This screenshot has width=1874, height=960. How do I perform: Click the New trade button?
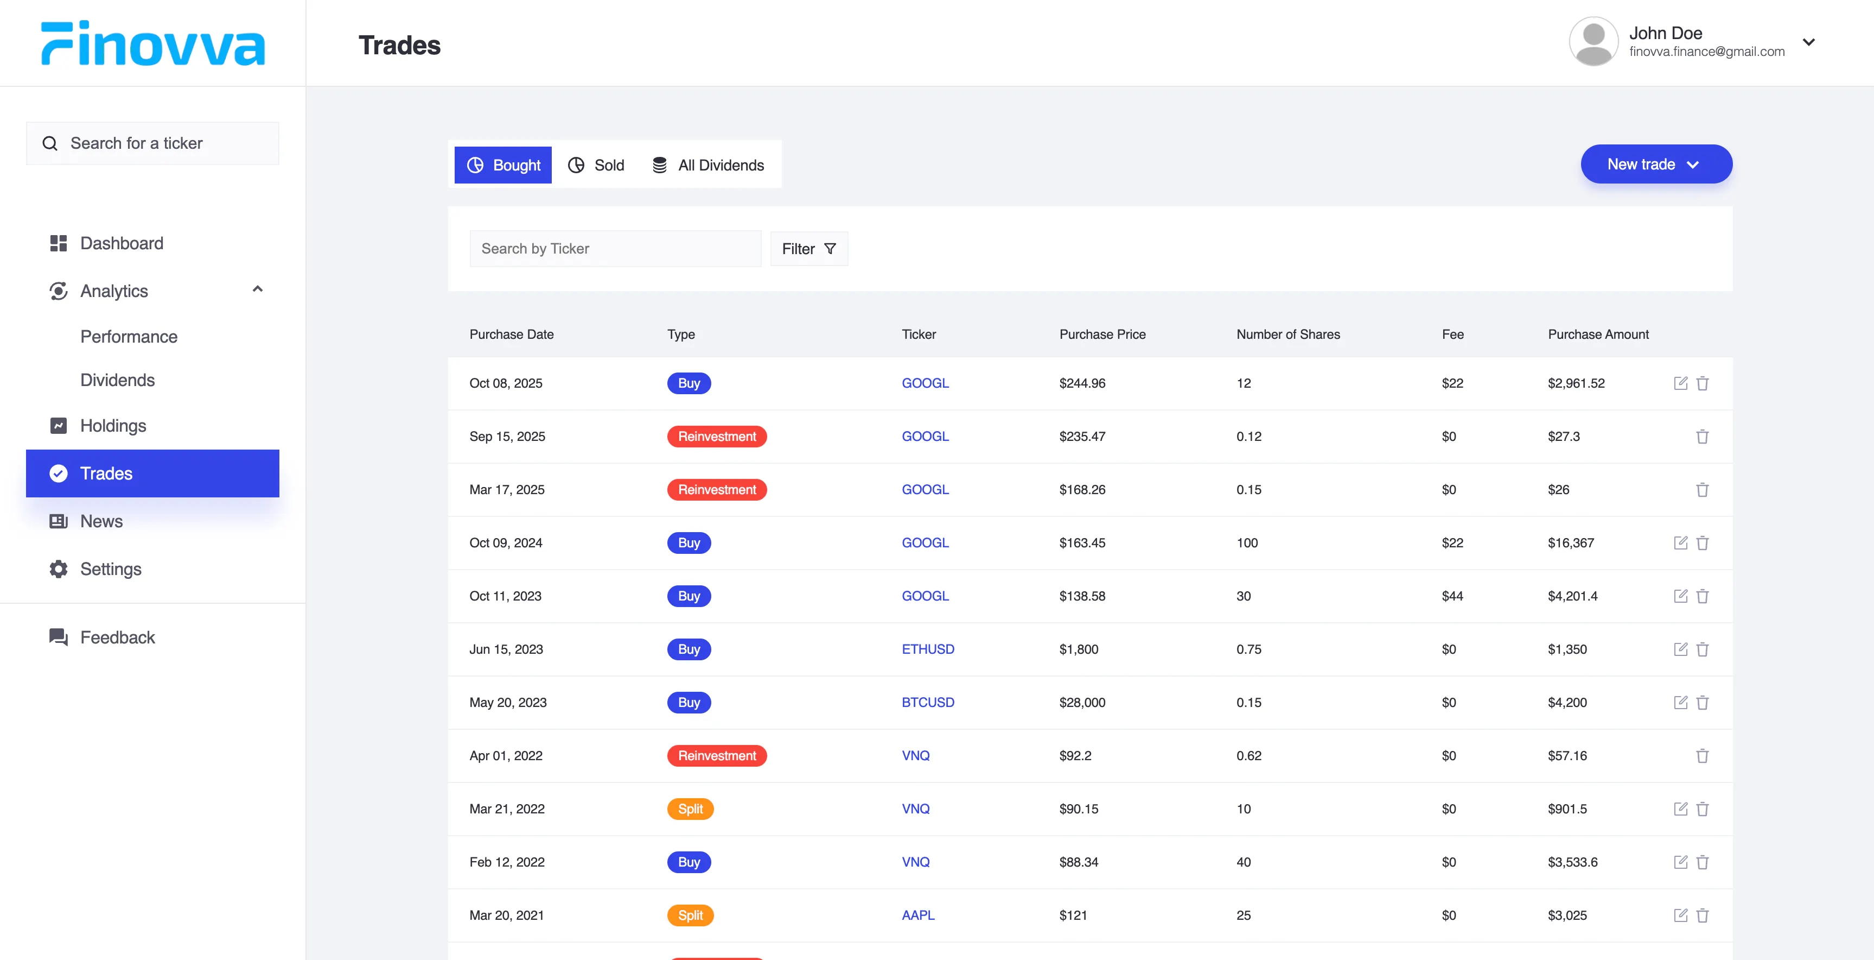tap(1656, 165)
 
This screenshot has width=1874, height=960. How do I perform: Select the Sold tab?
tap(596, 165)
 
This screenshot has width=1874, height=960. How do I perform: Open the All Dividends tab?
tap(708, 165)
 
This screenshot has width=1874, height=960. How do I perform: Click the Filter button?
tap(809, 249)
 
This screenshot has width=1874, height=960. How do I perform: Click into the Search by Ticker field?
tap(615, 249)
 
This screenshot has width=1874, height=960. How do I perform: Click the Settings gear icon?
tap(58, 569)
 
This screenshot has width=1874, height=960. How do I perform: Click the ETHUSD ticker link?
tap(928, 649)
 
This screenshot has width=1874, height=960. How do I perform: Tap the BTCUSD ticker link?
tap(928, 702)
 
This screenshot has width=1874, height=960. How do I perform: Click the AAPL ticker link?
tap(918, 915)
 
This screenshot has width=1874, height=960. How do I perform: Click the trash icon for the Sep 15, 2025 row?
tap(1703, 437)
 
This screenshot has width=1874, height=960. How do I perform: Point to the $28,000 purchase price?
tap(1082, 702)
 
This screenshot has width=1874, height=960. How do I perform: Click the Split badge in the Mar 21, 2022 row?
tap(690, 809)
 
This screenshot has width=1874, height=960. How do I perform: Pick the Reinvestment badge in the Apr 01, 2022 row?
tap(717, 755)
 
